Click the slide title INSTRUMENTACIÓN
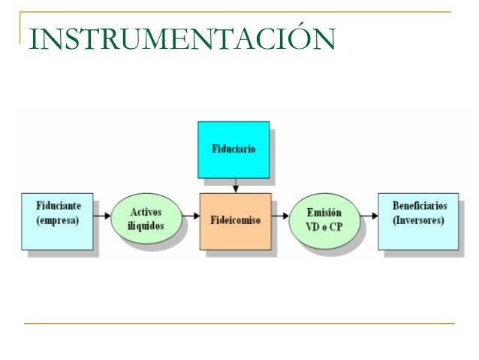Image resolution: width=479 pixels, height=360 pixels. tap(180, 39)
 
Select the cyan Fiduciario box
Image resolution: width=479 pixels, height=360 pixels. tap(233, 149)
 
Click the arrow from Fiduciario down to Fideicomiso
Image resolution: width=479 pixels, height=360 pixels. tap(236, 185)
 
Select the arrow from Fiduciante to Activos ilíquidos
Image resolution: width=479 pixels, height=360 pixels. tap(104, 216)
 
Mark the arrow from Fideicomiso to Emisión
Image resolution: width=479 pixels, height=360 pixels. tap(280, 216)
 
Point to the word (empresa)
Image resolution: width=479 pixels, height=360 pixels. tap(59, 221)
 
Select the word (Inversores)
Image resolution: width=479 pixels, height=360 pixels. tap(418, 221)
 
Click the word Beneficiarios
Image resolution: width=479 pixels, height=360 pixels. tap(418, 205)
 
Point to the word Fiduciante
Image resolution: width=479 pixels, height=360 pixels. tap(59, 205)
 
